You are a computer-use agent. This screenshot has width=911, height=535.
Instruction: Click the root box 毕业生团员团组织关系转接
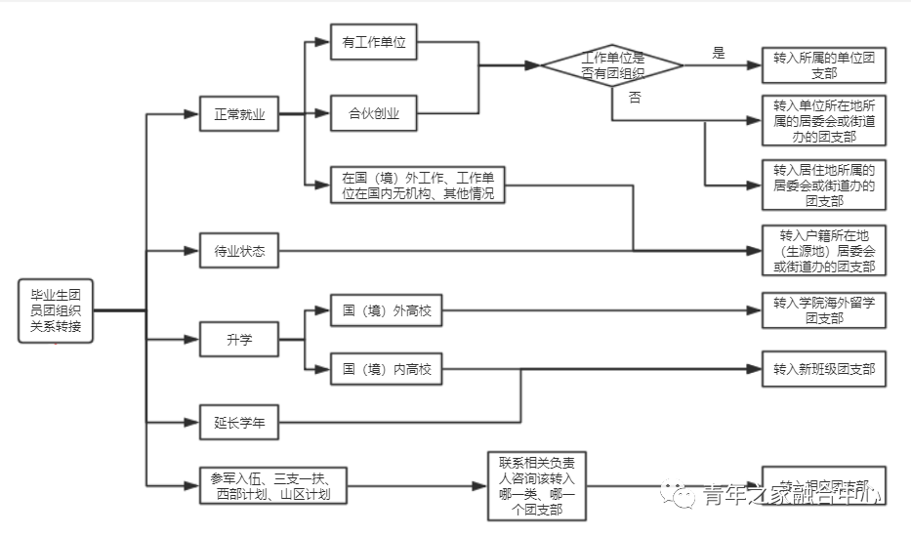pyautogui.click(x=56, y=310)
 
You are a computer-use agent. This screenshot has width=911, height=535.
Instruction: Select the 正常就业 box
pyautogui.click(x=239, y=114)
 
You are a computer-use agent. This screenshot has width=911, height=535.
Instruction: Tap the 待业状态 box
pyautogui.click(x=239, y=251)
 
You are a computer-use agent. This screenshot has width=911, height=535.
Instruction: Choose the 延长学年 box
pyautogui.click(x=239, y=423)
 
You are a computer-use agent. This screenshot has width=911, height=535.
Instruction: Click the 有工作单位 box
pyautogui.click(x=373, y=43)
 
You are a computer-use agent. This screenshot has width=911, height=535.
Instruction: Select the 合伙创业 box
pyautogui.click(x=373, y=115)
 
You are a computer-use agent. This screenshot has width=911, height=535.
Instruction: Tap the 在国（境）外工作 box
pyautogui.click(x=417, y=185)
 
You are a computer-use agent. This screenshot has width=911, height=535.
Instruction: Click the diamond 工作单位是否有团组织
pyautogui.click(x=612, y=65)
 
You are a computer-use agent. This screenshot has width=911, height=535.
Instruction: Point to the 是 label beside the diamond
pyautogui.click(x=719, y=54)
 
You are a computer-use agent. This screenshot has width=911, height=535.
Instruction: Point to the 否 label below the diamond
pyautogui.click(x=635, y=98)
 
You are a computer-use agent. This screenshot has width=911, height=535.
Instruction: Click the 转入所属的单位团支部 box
pyautogui.click(x=823, y=65)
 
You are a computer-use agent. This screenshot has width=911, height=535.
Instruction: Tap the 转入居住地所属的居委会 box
pyautogui.click(x=823, y=185)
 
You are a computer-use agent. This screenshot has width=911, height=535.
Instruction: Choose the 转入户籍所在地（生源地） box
pyautogui.click(x=823, y=251)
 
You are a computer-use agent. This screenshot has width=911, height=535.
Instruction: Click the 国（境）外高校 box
pyautogui.click(x=386, y=311)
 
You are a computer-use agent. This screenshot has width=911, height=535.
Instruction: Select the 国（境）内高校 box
pyautogui.click(x=386, y=369)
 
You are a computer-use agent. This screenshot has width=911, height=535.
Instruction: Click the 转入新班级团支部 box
pyautogui.click(x=823, y=369)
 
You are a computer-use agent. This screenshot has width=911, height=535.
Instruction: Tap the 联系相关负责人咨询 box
pyautogui.click(x=537, y=485)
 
